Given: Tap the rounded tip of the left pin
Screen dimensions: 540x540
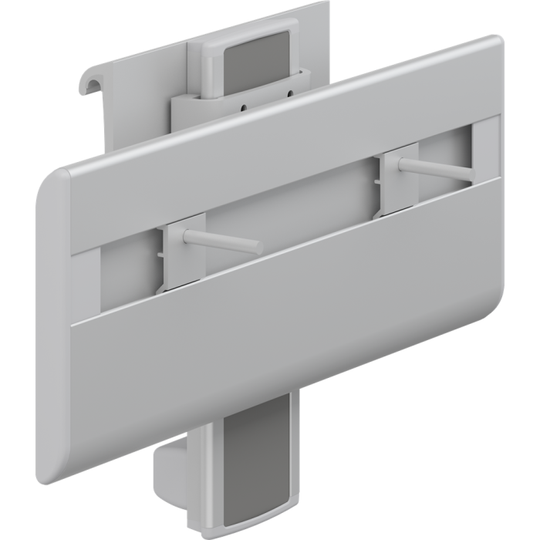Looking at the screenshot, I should [x=257, y=248].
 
